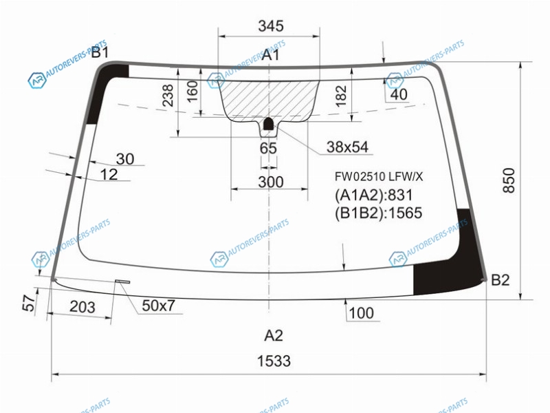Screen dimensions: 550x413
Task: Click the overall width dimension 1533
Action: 274,361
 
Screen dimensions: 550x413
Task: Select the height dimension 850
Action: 509,180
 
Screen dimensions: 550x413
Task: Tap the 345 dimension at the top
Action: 271,26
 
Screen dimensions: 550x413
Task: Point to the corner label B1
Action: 100,52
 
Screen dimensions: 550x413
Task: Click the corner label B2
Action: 500,280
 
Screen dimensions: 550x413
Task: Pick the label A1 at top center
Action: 271,55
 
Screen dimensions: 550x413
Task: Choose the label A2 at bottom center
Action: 273,335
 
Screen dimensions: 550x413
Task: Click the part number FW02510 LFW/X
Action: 379,176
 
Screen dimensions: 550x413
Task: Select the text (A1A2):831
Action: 373,195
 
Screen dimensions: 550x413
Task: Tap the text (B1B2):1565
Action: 378,213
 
